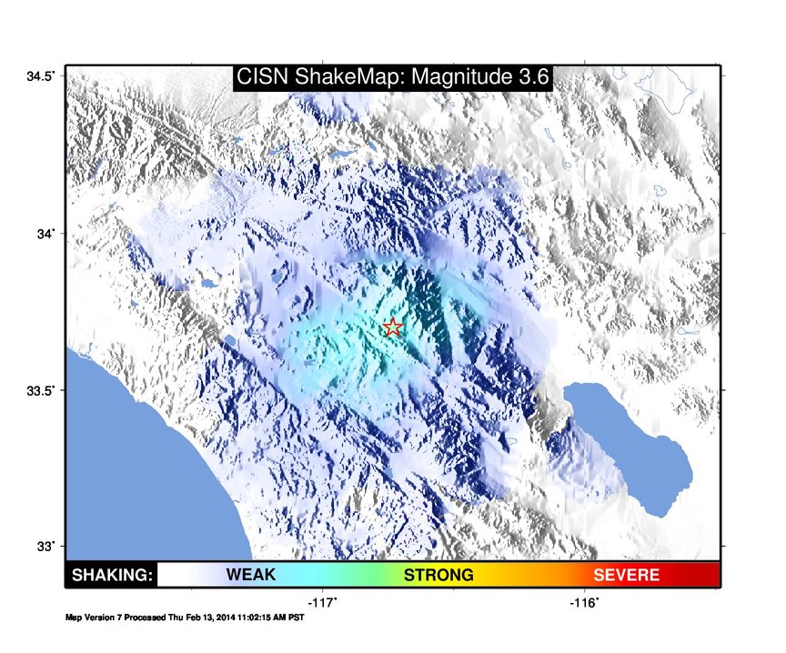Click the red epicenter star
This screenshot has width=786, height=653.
pyautogui.click(x=393, y=327)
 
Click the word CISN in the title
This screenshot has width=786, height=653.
pyautogui.click(x=262, y=76)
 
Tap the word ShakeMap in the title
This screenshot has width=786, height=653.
pyautogui.click(x=350, y=76)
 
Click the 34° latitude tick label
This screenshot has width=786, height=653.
pyautogui.click(x=45, y=234)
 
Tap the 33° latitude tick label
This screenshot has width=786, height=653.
pyautogui.click(x=45, y=547)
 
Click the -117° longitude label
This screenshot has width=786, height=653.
pyautogui.click(x=322, y=602)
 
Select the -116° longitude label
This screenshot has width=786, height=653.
pyautogui.click(x=584, y=602)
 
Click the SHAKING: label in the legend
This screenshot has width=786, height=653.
pyautogui.click(x=112, y=575)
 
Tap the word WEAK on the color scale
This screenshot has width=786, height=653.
pyautogui.click(x=251, y=574)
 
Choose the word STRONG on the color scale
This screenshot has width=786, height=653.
pyautogui.click(x=438, y=575)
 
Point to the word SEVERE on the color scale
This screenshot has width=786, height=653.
pyautogui.click(x=626, y=575)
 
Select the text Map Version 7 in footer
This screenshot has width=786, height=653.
pyautogui.click(x=94, y=618)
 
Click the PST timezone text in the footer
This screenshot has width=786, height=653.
pyautogui.click(x=297, y=618)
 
